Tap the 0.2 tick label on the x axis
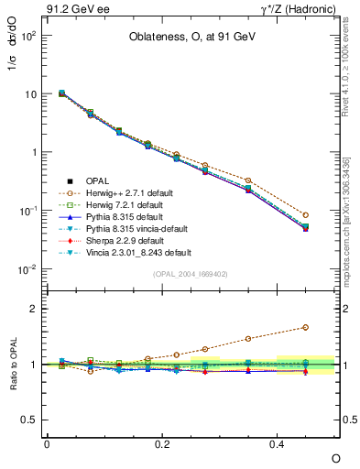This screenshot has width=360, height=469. [x=162, y=443]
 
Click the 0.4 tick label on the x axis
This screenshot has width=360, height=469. [x=278, y=443]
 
